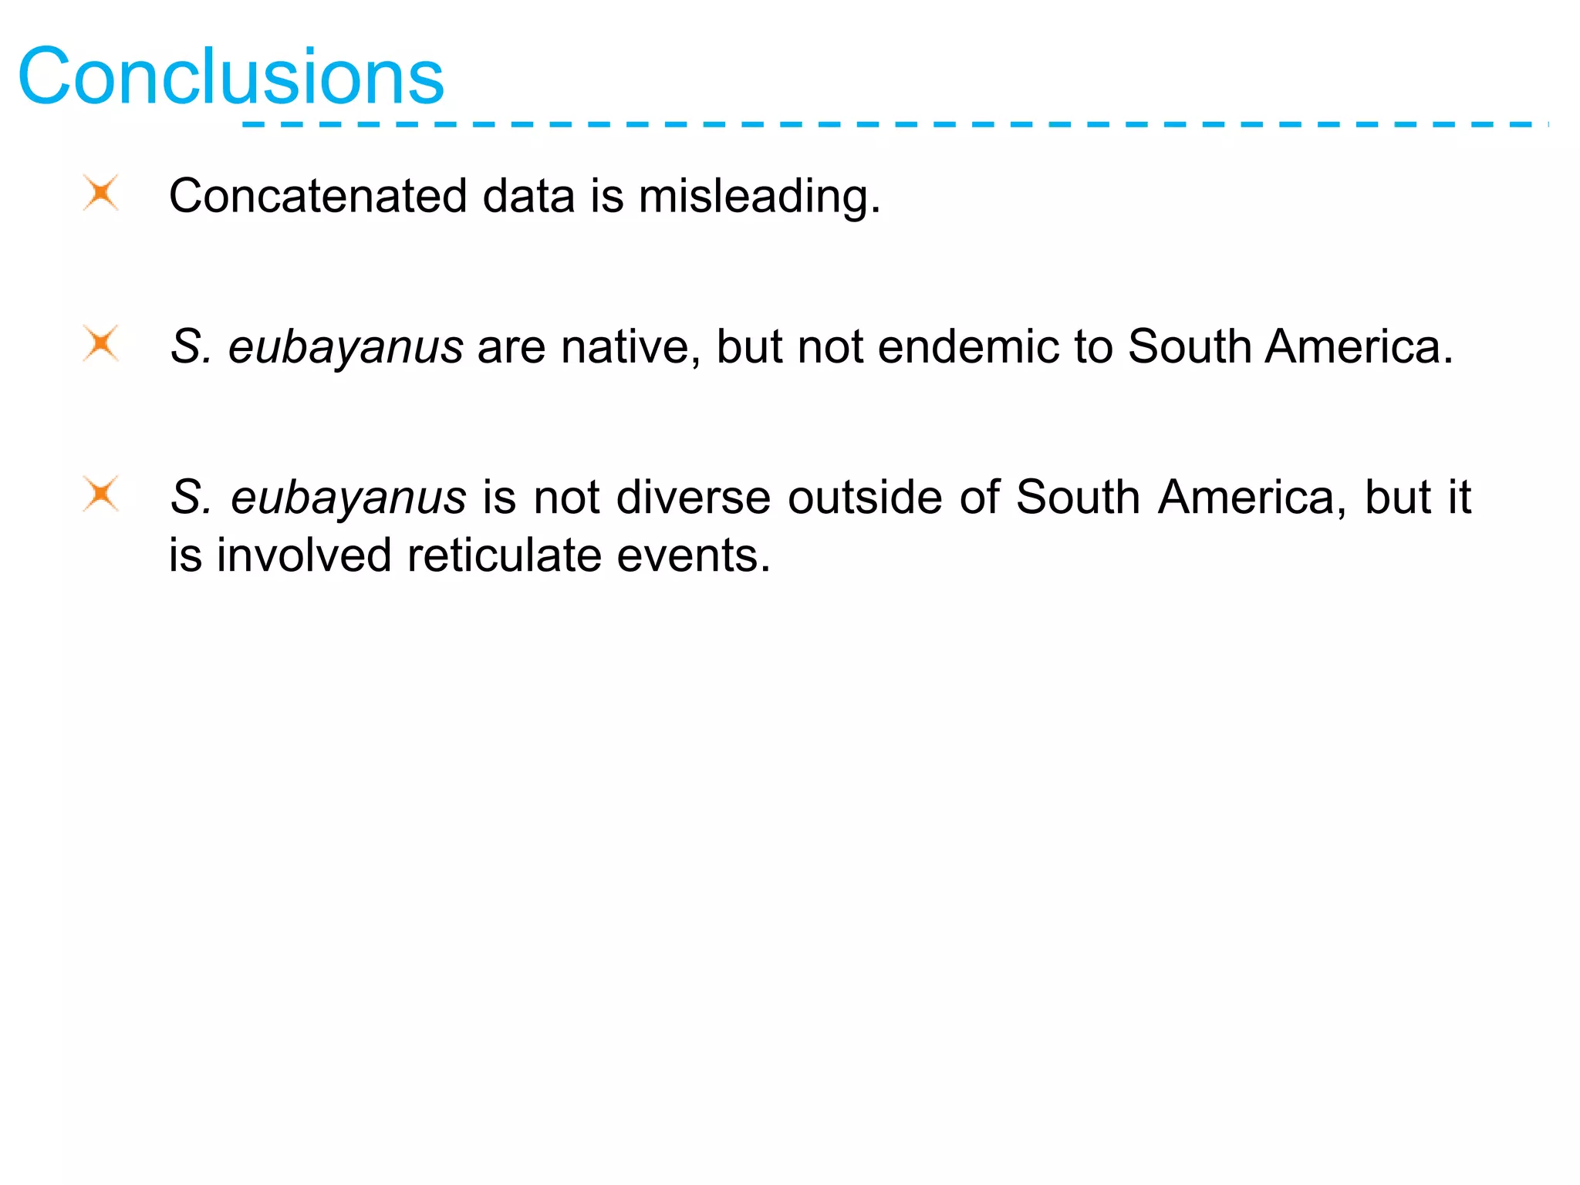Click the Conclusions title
click(x=231, y=76)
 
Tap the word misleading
click(x=758, y=197)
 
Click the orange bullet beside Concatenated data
click(x=101, y=193)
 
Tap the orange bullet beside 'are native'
click(x=101, y=343)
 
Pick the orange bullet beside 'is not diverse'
click(x=101, y=494)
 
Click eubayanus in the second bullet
click(x=346, y=348)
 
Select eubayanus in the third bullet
click(x=349, y=498)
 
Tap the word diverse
click(x=694, y=497)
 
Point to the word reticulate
click(x=504, y=555)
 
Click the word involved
click(x=304, y=555)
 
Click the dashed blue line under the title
click(x=895, y=124)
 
